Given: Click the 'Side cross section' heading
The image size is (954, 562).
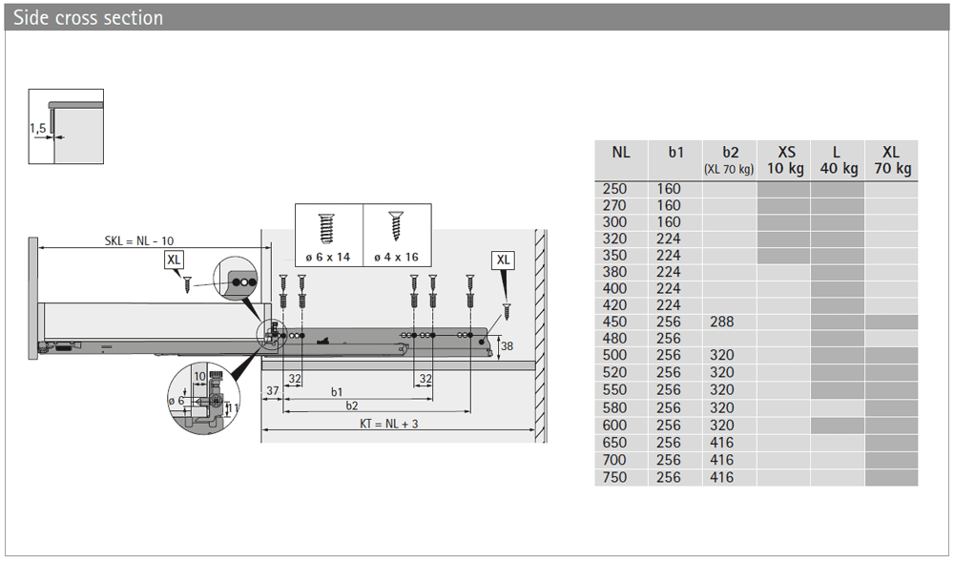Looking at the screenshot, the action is [88, 17].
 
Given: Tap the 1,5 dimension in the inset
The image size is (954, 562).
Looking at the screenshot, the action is [38, 129].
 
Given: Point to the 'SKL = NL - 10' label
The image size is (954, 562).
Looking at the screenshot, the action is [138, 240].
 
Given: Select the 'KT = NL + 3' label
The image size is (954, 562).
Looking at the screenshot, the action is [389, 424].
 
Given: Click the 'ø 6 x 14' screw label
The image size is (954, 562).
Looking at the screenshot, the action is [328, 257].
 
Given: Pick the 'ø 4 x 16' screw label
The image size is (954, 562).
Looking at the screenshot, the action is [396, 257].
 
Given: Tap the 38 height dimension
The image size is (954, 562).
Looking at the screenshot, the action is [507, 346].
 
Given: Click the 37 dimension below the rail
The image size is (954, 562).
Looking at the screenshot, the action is [273, 390].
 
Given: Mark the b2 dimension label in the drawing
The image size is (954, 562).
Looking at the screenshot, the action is [352, 406].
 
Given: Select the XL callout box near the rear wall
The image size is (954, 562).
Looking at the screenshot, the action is [503, 260].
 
